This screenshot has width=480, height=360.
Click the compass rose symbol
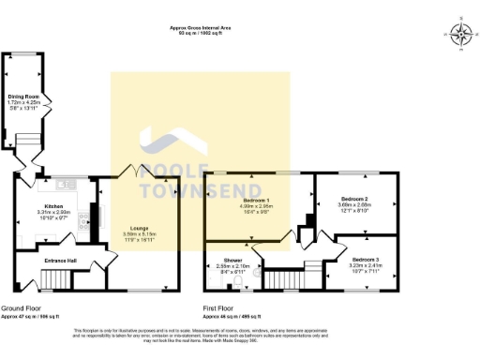coord(460,35)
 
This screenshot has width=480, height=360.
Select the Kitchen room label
coord(50,206)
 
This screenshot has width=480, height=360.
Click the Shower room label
coord(232,260)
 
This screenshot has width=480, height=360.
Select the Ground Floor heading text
coord(21,307)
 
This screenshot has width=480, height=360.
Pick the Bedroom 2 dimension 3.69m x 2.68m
coord(352,206)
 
